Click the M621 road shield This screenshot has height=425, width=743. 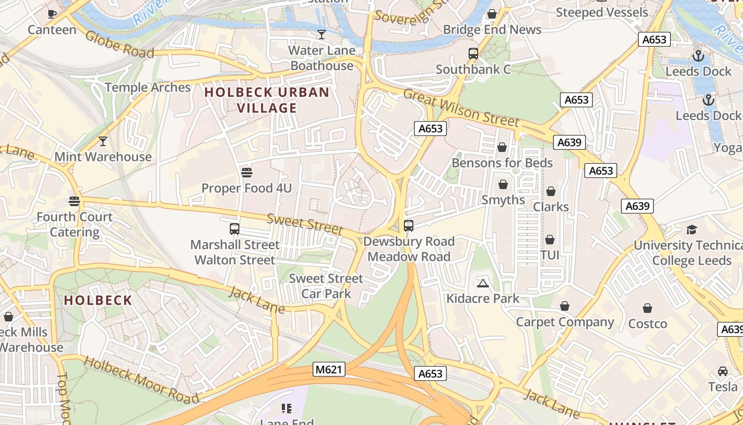point(329,369)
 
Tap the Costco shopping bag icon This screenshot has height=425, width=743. point(647,308)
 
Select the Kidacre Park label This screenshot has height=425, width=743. point(483,298)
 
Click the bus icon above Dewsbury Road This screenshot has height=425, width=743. point(409,226)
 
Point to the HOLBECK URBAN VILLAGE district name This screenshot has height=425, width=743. point(267,100)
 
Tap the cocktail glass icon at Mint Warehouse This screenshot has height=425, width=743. point(103,141)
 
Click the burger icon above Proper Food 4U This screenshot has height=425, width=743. point(246,172)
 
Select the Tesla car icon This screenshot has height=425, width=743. point(723,371)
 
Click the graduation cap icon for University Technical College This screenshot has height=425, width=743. point(692,229)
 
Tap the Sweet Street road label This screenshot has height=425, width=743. point(305,224)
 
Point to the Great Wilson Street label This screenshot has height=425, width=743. point(461,108)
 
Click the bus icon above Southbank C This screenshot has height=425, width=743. point(473,54)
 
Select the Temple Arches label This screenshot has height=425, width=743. point(148,87)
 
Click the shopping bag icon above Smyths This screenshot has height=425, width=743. point(503,184)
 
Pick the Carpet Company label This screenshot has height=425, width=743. point(565,322)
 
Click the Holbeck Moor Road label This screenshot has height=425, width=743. point(142,380)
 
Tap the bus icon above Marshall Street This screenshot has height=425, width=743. point(235,229)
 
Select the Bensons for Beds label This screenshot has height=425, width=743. point(502,163)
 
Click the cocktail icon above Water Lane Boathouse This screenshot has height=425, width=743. point(322,35)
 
